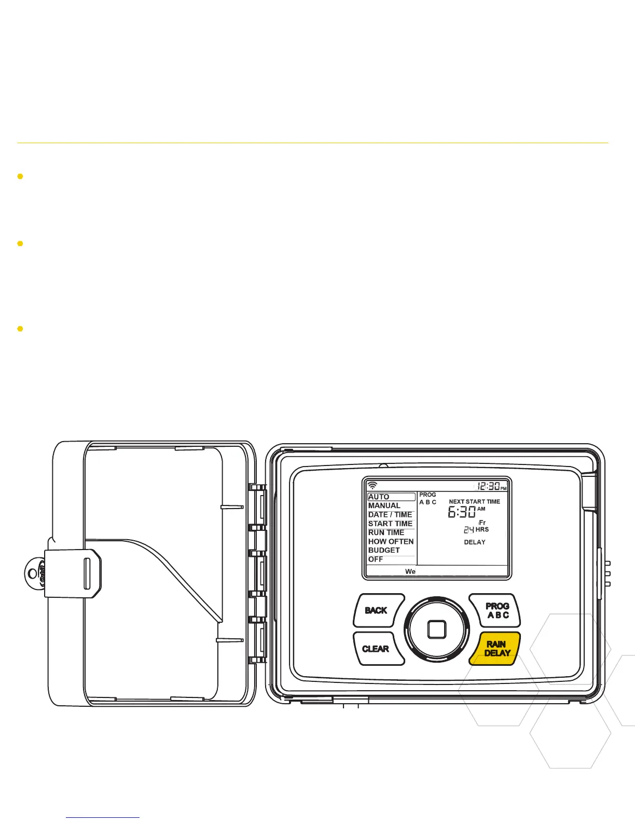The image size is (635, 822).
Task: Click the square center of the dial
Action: [437, 629]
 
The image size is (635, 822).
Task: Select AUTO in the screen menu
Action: [379, 497]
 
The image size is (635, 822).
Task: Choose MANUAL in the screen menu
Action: [384, 505]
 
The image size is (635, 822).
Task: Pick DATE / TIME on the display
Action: [390, 515]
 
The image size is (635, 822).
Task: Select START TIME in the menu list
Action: [390, 524]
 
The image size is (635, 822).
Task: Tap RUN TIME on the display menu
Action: [386, 532]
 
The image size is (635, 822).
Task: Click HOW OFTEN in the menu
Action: [391, 541]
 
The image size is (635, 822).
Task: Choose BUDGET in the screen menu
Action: [384, 550]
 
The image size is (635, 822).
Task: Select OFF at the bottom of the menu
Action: [376, 559]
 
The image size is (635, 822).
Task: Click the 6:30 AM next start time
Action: [466, 512]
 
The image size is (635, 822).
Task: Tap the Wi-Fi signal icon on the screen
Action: [372, 486]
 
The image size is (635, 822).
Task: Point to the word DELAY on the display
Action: [475, 542]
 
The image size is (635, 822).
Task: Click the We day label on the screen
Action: [410, 571]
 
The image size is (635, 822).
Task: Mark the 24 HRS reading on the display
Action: [476, 530]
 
